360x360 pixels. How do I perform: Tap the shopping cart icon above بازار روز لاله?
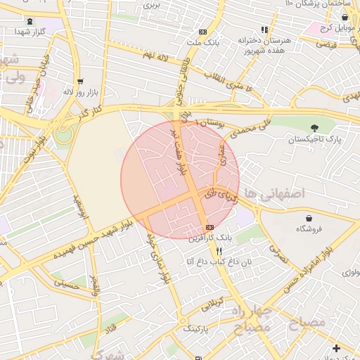79,81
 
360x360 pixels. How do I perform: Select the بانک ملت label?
203,42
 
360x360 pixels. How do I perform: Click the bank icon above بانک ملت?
203,32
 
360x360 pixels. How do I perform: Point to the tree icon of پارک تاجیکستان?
314,128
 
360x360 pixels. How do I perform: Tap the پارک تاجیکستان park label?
314,139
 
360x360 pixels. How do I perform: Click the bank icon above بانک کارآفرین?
210,227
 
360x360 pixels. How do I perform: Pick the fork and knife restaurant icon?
219,251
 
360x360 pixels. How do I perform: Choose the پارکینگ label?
198,328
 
